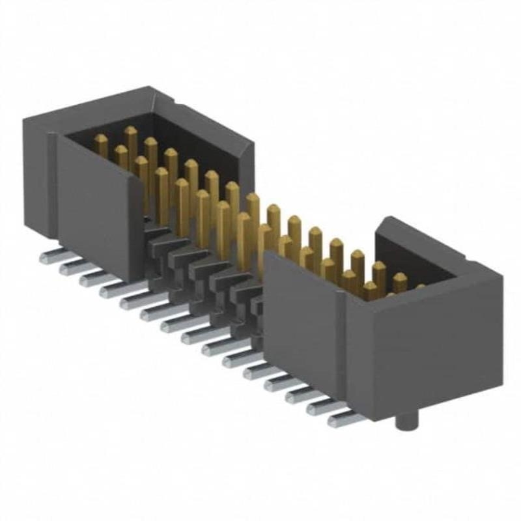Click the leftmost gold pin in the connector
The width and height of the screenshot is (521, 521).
click(101, 145)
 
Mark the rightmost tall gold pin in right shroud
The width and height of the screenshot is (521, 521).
click(399, 281)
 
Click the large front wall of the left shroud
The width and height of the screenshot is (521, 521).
click(98, 208)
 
